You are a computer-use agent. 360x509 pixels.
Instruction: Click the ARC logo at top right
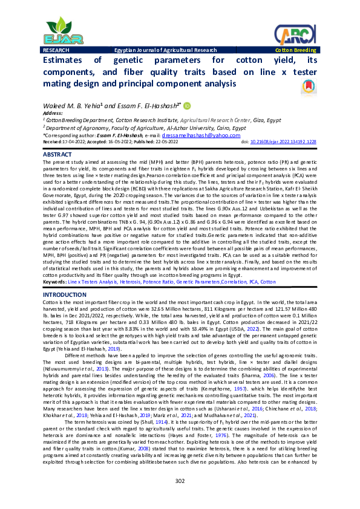click(295, 33)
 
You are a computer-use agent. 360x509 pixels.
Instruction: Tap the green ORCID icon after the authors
click(187, 106)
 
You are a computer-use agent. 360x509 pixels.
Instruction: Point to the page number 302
click(180, 481)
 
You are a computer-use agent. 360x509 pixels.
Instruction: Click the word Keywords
click(54, 282)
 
